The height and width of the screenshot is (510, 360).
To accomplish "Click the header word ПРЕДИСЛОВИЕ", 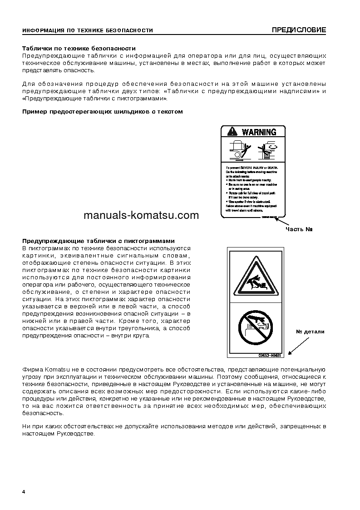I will [299, 30].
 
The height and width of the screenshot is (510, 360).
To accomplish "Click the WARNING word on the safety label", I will [259, 132].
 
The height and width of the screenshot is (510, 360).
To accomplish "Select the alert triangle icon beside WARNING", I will [232, 132].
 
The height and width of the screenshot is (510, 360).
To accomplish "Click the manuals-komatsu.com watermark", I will [141, 215].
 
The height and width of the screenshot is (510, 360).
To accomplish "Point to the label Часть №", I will [299, 229].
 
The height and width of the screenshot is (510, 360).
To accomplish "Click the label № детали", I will [310, 332].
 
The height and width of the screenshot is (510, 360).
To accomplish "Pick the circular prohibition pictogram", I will [256, 325].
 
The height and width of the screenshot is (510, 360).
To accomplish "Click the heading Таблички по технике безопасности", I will [79, 48].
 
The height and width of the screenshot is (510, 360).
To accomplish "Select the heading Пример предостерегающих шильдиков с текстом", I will [103, 112].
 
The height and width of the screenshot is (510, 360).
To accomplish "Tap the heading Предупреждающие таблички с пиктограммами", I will [99, 241].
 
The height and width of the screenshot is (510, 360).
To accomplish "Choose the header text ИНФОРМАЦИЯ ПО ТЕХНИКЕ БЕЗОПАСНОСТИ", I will [88, 31].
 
